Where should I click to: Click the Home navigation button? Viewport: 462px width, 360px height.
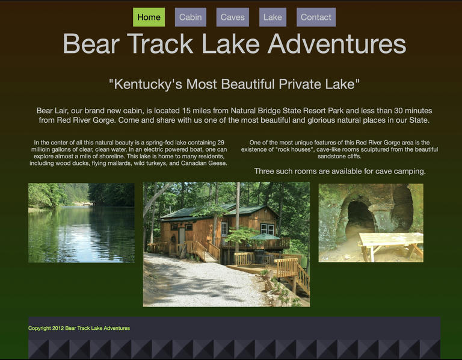[x=149, y=17]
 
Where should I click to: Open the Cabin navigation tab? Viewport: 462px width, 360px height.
[x=190, y=17]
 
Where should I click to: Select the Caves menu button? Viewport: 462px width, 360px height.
[x=232, y=17]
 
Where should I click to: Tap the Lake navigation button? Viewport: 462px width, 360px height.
[x=273, y=17]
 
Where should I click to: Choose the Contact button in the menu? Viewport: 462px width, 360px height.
[x=316, y=17]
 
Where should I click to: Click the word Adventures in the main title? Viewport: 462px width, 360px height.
[x=337, y=43]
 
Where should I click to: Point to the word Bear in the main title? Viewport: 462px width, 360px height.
[x=91, y=43]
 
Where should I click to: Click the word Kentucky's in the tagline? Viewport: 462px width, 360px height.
[x=146, y=84]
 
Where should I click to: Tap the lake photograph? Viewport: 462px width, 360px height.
[x=81, y=223]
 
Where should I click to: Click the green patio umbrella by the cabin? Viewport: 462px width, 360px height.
[x=265, y=237]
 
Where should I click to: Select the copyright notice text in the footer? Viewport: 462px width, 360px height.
[x=79, y=328]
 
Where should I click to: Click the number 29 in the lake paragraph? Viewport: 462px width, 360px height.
[x=221, y=143]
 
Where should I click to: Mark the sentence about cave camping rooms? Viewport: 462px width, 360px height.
[x=340, y=172]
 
